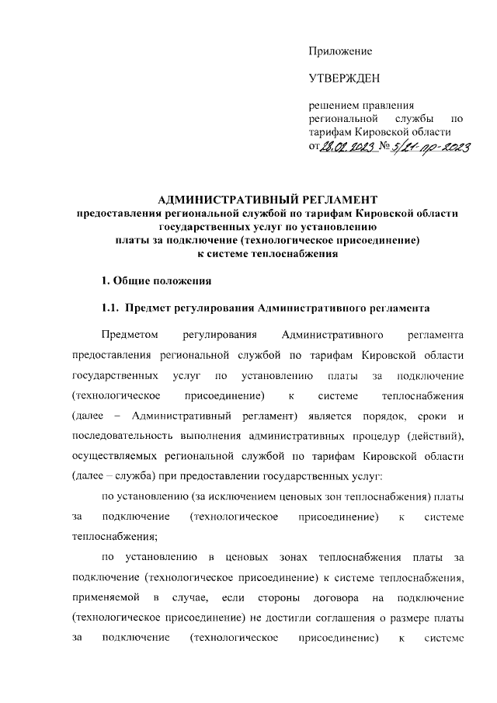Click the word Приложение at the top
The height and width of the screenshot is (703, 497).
(x=340, y=51)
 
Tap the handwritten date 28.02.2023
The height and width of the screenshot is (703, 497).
(x=347, y=148)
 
